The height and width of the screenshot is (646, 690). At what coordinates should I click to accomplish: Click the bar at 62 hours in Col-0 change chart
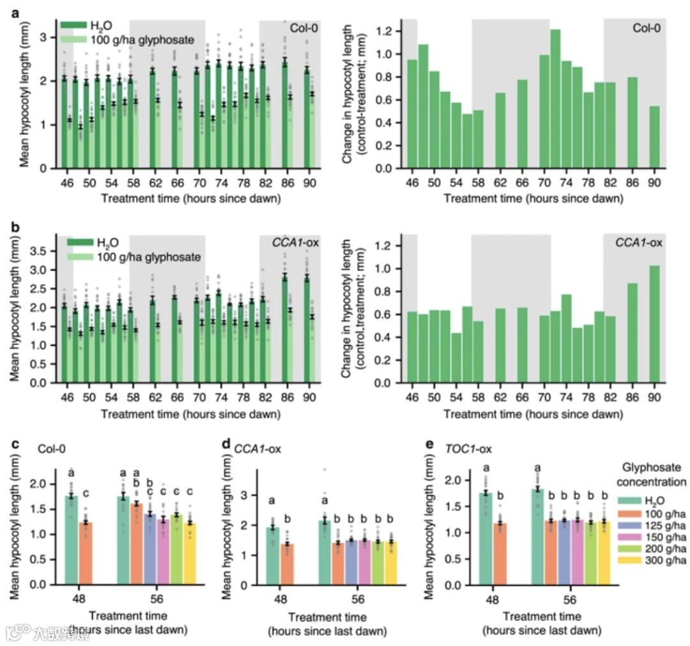(x=500, y=130)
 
